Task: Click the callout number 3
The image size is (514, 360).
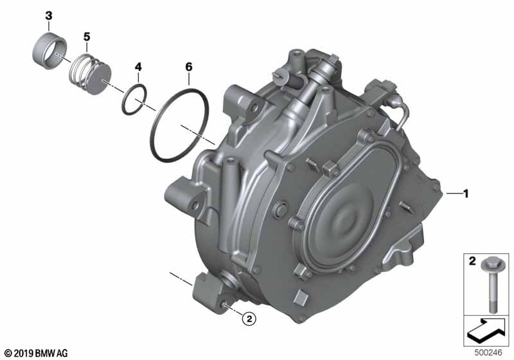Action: [x=49, y=15]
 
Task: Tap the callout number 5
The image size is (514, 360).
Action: [x=87, y=37]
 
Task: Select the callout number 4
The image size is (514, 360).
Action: [x=138, y=67]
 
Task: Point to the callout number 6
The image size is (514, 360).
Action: [x=189, y=67]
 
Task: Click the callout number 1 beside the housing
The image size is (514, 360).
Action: [x=466, y=194]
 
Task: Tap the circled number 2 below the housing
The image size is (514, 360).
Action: [x=249, y=318]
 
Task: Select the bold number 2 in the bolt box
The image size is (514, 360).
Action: [x=472, y=261]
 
